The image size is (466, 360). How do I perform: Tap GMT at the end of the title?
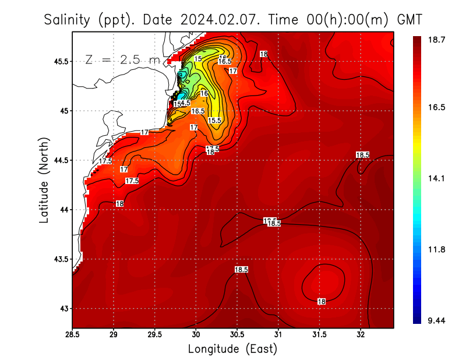coord(409,20)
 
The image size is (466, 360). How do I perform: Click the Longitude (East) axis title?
coord(232,349)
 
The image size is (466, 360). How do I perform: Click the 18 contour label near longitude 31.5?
coord(321,301)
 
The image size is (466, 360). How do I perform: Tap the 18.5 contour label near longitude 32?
coord(362,154)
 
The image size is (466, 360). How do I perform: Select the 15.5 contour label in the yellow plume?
coord(215,121)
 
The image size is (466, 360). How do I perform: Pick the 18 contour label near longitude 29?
coord(119,204)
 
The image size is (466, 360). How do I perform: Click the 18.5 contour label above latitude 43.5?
coord(241,270)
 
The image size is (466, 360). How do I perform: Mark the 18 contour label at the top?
coord(263,54)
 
